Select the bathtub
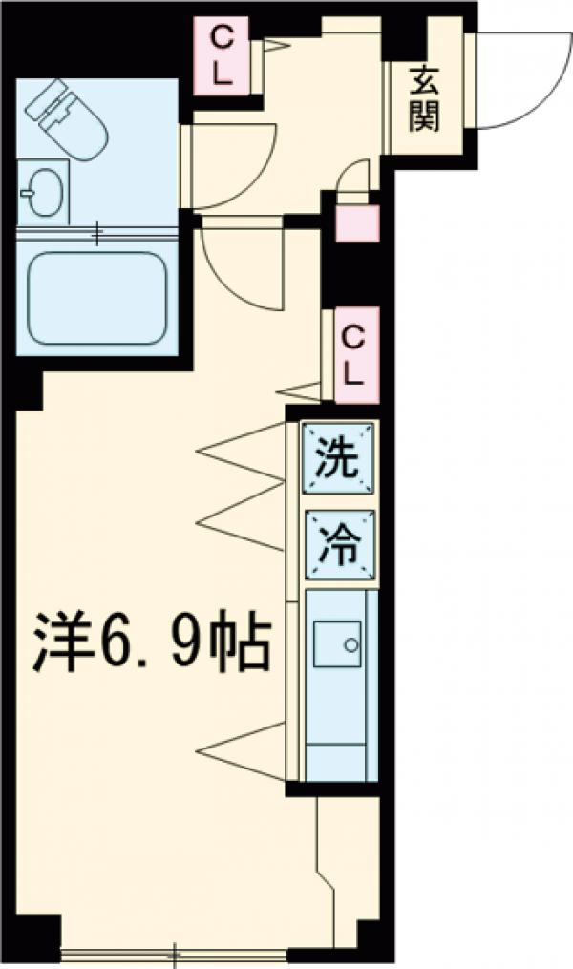96,296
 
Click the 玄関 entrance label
425,97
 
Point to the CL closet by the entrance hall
221,57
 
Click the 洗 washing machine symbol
339,461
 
